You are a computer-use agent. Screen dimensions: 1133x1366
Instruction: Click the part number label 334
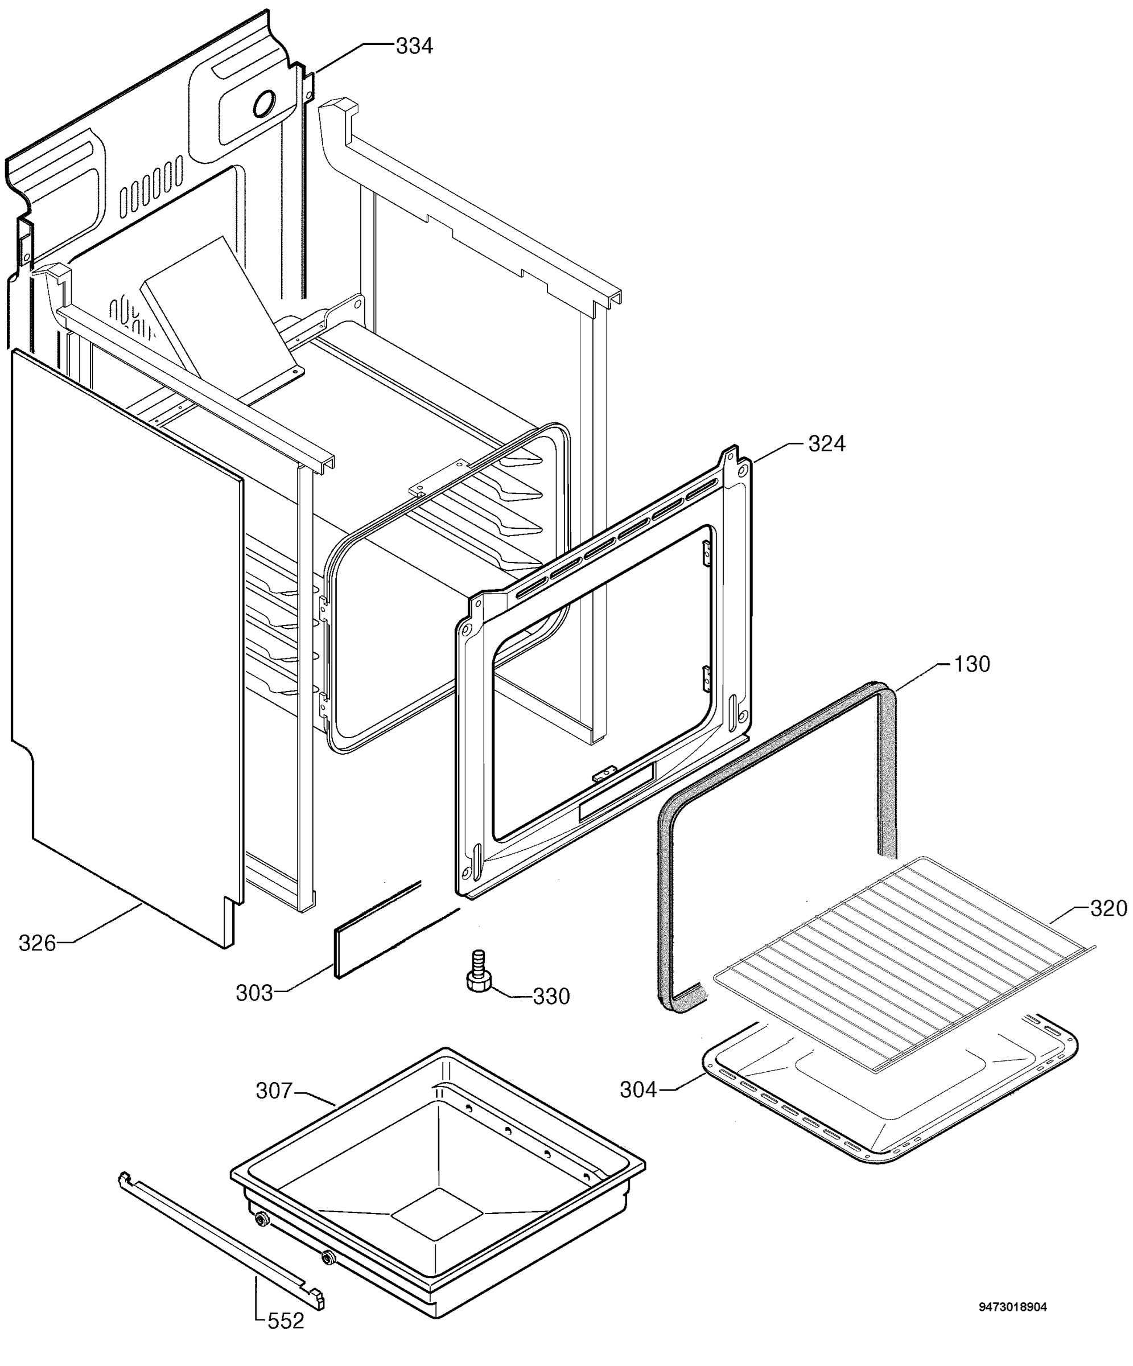click(414, 46)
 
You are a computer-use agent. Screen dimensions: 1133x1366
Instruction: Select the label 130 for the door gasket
click(972, 664)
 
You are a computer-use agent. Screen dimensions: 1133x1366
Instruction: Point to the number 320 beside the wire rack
click(1109, 908)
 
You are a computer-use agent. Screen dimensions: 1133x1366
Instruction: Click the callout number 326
click(38, 943)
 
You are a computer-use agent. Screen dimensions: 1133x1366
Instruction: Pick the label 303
click(254, 993)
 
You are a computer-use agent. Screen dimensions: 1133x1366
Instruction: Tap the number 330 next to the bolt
click(551, 997)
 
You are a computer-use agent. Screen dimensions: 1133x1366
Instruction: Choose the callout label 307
click(274, 1091)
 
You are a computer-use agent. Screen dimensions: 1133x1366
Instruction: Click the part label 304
click(638, 1089)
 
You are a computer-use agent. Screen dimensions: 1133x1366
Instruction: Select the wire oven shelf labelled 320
click(904, 962)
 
